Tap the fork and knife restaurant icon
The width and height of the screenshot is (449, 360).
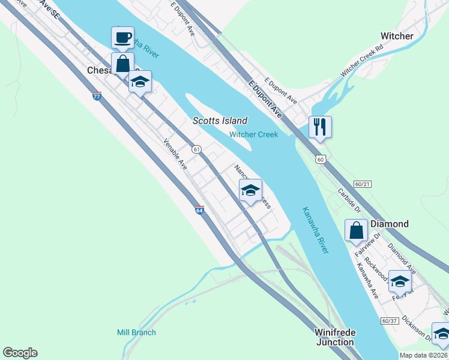pyautogui.click(x=320, y=127)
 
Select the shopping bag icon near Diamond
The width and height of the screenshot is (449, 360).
pyautogui.click(x=357, y=230)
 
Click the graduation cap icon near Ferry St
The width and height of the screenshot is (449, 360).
pyautogui.click(x=400, y=281)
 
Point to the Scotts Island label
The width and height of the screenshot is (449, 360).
pyautogui.click(x=220, y=121)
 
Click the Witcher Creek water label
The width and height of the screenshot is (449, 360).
pyautogui.click(x=253, y=134)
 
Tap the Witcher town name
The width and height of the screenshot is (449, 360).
pyautogui.click(x=397, y=36)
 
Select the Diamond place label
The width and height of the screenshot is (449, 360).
pyautogui.click(x=389, y=224)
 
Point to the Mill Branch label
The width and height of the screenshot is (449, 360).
pyautogui.click(x=136, y=332)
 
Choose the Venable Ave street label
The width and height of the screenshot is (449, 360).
pyautogui.click(x=176, y=154)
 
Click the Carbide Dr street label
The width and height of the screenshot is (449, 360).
pyautogui.click(x=348, y=202)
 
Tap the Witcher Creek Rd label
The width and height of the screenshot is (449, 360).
pyautogui.click(x=361, y=62)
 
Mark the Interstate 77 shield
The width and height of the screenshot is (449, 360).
pyautogui.click(x=97, y=95)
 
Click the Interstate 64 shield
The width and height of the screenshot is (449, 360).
pyautogui.click(x=199, y=209)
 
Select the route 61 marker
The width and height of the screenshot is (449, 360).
pyautogui.click(x=196, y=148)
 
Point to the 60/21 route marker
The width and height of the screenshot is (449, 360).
pyautogui.click(x=363, y=183)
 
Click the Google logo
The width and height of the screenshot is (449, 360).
pyautogui.click(x=20, y=353)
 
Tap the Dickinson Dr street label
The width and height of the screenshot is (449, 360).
pyautogui.click(x=417, y=328)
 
